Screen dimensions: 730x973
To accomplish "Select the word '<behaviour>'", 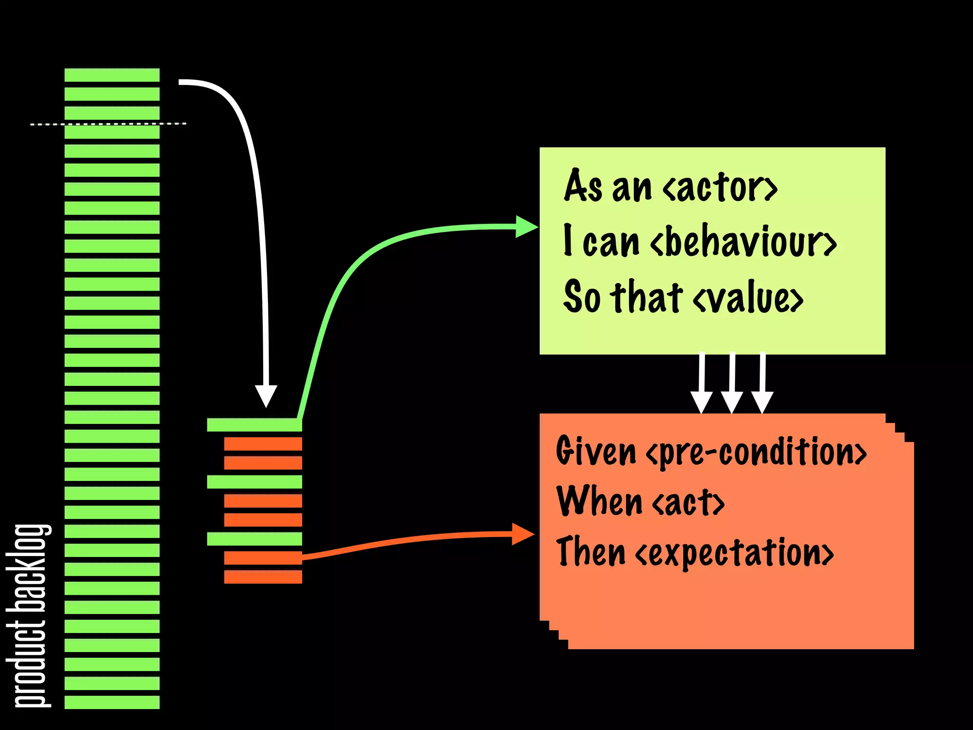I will (x=743, y=242).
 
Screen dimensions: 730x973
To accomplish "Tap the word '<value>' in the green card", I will (x=748, y=298).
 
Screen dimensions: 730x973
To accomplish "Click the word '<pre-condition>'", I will (x=756, y=452).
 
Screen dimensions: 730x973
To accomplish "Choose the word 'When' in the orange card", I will (x=599, y=501).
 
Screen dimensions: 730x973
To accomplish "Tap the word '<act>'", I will (x=688, y=502).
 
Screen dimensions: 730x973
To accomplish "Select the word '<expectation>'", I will (x=734, y=552).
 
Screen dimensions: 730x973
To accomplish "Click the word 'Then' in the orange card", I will (x=591, y=551).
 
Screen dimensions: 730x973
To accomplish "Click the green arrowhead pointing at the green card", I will (x=526, y=227).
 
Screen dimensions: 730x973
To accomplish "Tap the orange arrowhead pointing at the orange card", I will (x=523, y=534).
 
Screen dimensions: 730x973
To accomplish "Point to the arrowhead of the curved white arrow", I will (x=266, y=395).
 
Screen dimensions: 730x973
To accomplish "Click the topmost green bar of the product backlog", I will (x=112, y=75).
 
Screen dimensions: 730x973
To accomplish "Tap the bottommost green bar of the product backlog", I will (x=112, y=702).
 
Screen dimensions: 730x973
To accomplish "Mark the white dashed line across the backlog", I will (x=108, y=124).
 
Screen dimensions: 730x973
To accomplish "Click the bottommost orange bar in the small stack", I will (x=263, y=577).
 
